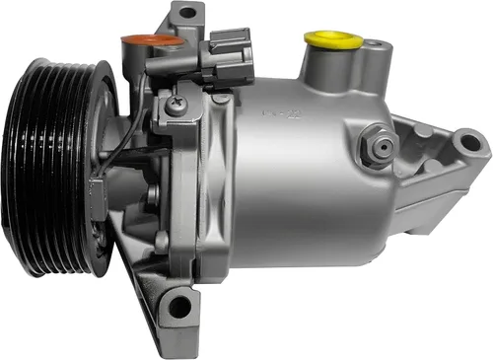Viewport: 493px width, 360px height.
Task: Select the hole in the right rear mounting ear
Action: coord(469,144)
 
